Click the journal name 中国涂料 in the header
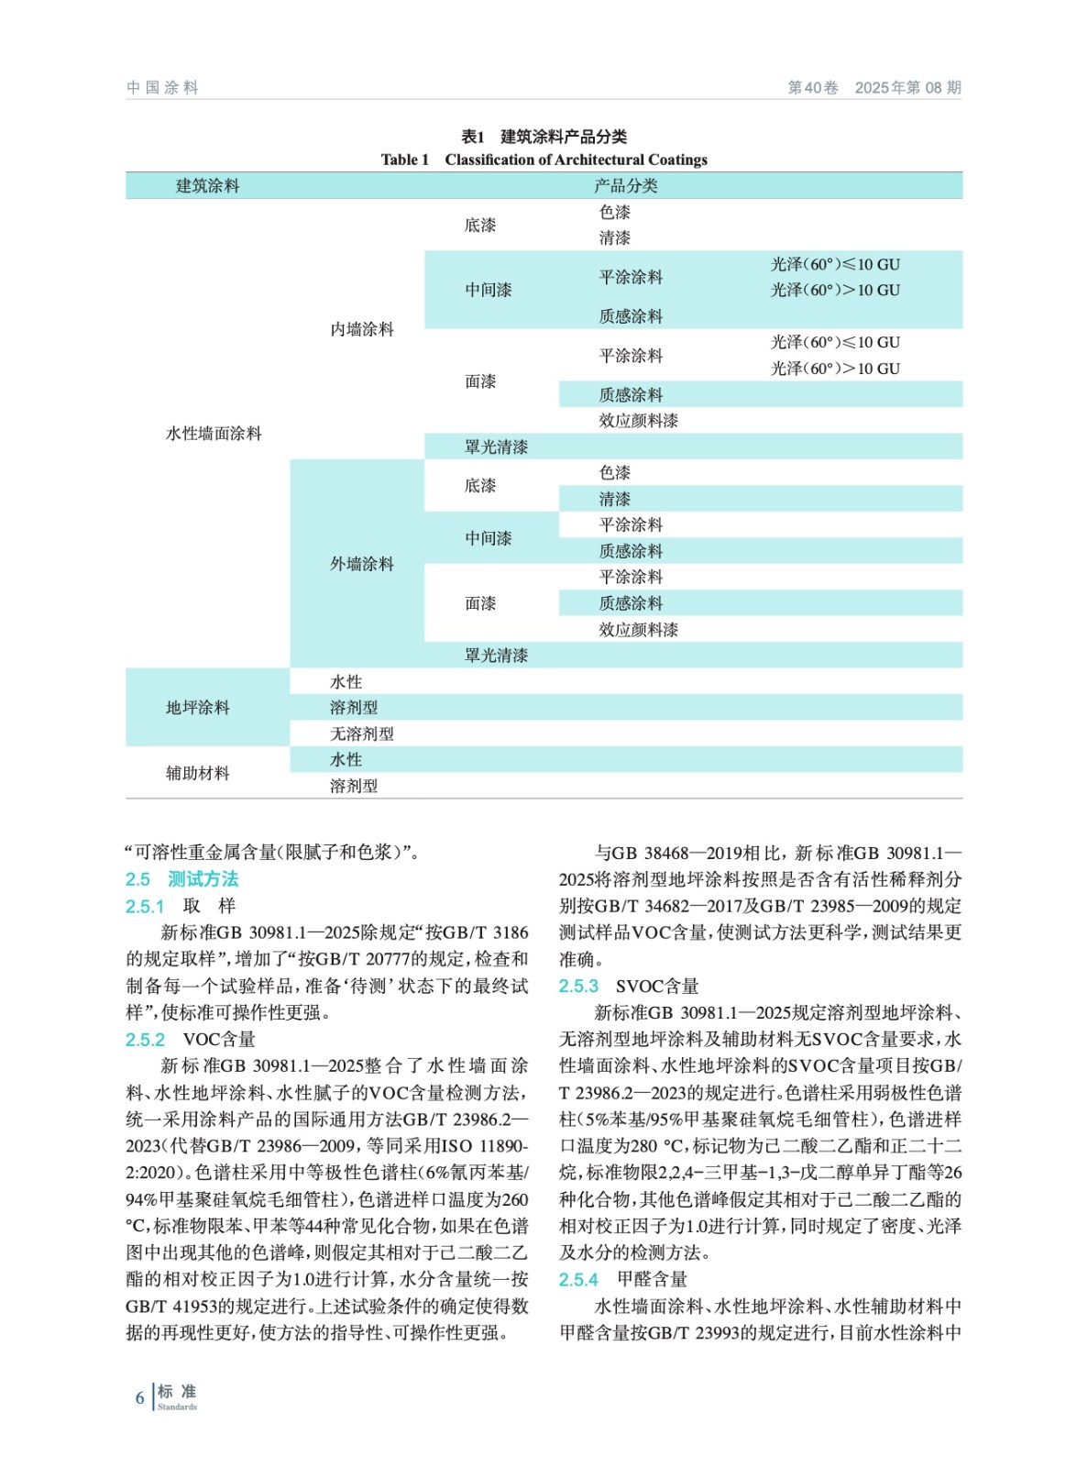tap(162, 87)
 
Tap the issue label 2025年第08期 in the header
tap(907, 87)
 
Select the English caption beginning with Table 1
tap(544, 160)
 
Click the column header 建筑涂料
tap(207, 186)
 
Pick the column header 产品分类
tap(625, 186)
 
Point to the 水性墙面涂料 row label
tap(214, 434)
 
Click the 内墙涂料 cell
tap(362, 329)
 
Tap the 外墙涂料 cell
tap(362, 564)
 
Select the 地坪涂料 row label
tap(197, 707)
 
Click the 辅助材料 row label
tap(197, 773)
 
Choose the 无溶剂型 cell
tap(362, 733)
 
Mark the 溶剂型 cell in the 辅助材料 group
tap(354, 786)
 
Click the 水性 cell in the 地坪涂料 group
tap(346, 681)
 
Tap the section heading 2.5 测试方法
tap(181, 878)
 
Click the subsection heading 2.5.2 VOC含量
tap(191, 1039)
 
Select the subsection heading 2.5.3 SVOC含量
tap(629, 986)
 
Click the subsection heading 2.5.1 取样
tap(181, 906)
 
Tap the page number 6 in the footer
tap(139, 1397)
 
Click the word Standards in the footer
tap(177, 1406)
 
